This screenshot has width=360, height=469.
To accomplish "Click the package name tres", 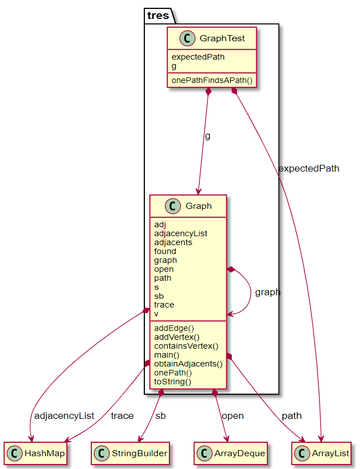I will [158, 16].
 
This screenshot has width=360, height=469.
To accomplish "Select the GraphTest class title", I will [222, 38].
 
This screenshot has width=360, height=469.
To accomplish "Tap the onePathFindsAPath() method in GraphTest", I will [212, 80].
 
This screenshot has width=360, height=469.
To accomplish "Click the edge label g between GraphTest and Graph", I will [208, 136].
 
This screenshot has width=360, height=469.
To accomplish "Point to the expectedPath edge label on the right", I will [308, 168].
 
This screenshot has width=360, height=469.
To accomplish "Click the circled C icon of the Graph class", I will [172, 206].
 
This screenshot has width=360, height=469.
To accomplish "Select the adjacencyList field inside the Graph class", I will [181, 233].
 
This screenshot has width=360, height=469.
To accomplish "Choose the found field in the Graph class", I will [165, 251].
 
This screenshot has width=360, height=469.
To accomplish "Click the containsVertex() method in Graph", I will [186, 346].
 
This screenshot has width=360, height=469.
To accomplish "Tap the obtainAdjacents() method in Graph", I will [188, 364].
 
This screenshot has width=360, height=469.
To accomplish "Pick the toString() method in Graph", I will [173, 382].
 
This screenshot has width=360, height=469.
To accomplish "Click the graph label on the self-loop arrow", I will [267, 292].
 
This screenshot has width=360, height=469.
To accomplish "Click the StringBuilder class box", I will [130, 453].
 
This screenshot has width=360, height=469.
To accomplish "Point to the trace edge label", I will [122, 416].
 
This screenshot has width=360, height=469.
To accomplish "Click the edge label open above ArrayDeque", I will [232, 416].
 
